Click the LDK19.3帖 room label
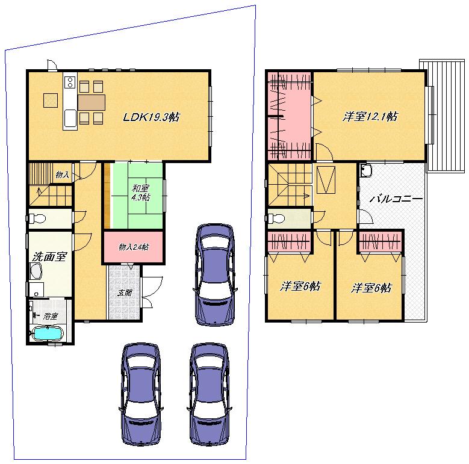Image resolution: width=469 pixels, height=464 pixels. click(151, 117)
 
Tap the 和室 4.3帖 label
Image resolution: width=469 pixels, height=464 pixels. click(141, 192)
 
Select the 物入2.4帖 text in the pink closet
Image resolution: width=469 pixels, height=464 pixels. click(134, 247)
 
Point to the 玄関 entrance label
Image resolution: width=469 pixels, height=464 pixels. click(124, 294)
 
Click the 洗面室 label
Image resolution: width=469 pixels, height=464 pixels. click(49, 256)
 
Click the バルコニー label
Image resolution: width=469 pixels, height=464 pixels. click(396, 198)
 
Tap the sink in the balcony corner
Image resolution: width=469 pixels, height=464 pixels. click(367, 171)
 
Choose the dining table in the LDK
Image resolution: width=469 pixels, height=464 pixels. click(92, 102)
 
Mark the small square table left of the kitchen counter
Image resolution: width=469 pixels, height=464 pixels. click(49, 101)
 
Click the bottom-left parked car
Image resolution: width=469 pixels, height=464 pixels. click(141, 394)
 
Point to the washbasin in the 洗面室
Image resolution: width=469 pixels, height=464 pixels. click(36, 274)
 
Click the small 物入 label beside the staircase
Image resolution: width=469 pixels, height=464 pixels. click(61, 175)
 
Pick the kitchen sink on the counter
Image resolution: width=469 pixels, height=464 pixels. click(70, 117)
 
